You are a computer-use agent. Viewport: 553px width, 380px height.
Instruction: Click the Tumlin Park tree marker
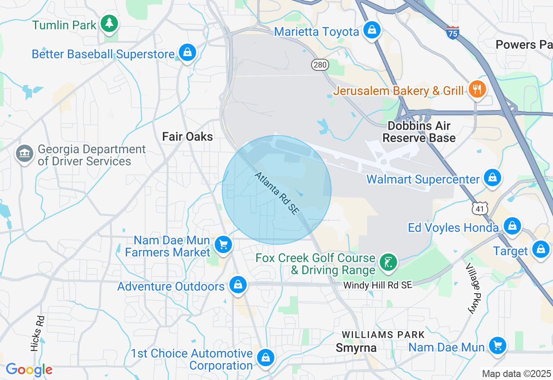pyautogui.click(x=109, y=23)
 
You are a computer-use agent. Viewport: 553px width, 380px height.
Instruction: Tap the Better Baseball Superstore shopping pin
pyautogui.click(x=187, y=53)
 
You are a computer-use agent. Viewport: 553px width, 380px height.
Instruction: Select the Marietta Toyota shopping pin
pyautogui.click(x=371, y=30)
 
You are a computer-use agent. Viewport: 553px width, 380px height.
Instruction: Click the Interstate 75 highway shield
pyautogui.click(x=452, y=32)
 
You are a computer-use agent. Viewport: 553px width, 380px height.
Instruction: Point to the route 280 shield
pyautogui.click(x=320, y=65)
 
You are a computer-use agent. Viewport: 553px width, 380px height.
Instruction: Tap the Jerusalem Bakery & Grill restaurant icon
pyautogui.click(x=477, y=90)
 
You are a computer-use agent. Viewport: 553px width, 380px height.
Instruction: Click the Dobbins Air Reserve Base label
pyautogui.click(x=419, y=132)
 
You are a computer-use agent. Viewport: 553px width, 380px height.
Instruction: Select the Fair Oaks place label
pyautogui.click(x=188, y=137)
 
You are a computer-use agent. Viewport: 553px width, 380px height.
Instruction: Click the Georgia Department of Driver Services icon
pyautogui.click(x=25, y=154)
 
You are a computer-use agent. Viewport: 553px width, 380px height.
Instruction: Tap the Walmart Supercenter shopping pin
pyautogui.click(x=492, y=177)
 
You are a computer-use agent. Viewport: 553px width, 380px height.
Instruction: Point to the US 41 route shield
pyautogui.click(x=480, y=209)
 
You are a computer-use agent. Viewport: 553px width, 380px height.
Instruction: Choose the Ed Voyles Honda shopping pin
pyautogui.click(x=512, y=226)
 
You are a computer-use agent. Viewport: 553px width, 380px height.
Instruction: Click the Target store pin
pyautogui.click(x=540, y=249)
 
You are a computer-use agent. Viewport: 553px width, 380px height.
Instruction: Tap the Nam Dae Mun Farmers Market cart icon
pyautogui.click(x=223, y=245)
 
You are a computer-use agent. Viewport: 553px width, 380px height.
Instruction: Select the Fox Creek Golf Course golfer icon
pyautogui.click(x=388, y=262)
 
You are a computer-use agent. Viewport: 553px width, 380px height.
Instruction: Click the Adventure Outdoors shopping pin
pyautogui.click(x=238, y=285)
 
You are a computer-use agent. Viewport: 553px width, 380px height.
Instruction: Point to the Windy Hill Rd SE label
pyautogui.click(x=378, y=285)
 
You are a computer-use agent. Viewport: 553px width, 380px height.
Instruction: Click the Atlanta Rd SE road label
pyautogui.click(x=276, y=193)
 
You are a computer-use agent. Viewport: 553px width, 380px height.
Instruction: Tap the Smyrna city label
pyautogui.click(x=356, y=348)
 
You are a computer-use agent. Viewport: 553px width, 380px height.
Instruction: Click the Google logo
pyautogui.click(x=29, y=370)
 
